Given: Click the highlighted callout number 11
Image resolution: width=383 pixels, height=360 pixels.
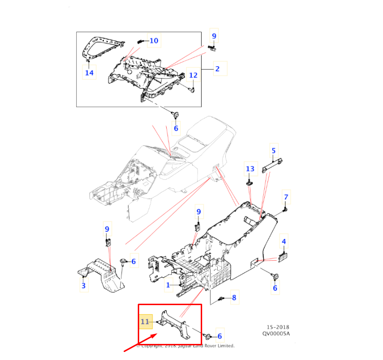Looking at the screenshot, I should pos(145,322).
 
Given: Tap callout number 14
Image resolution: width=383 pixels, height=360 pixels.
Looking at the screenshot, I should pos(89,72).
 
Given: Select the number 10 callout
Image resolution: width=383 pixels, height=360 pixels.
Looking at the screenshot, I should pos(154,41).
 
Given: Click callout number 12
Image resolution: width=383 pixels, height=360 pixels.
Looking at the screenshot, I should pos(193,75).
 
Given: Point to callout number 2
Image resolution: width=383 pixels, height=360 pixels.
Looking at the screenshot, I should pos(217,69).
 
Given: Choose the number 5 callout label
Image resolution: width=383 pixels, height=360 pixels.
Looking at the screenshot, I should pos(273,151).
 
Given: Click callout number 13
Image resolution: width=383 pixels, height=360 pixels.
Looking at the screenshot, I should pos(250,168).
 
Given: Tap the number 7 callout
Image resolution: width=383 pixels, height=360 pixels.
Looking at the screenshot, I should pos(286,197).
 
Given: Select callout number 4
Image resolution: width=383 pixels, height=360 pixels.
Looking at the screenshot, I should pos(284,242).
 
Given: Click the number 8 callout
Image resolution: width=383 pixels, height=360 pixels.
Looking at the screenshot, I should pos(233,298).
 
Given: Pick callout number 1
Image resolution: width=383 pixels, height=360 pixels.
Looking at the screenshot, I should pos(168,285).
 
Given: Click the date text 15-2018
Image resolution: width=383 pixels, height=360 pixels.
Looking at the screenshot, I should pos(277,327).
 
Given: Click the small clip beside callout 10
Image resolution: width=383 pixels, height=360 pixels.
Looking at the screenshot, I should pos(141,41).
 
